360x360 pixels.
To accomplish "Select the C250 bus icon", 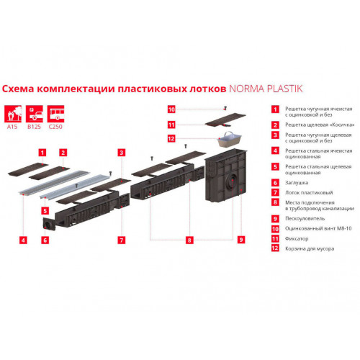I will pos(55,114).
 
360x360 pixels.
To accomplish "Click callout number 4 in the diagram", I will pos(23,239).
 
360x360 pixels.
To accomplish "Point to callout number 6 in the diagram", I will pos(45,239).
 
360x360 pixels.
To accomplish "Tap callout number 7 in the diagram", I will pos(122,239).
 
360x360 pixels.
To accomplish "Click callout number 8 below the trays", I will pos(189,239).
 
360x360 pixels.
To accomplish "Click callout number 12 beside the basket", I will pos(171,140).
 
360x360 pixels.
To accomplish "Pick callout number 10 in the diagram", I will pos(171,109).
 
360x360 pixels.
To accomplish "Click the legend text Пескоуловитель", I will pos(302,217).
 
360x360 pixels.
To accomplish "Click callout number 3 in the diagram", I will pos(122,153).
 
